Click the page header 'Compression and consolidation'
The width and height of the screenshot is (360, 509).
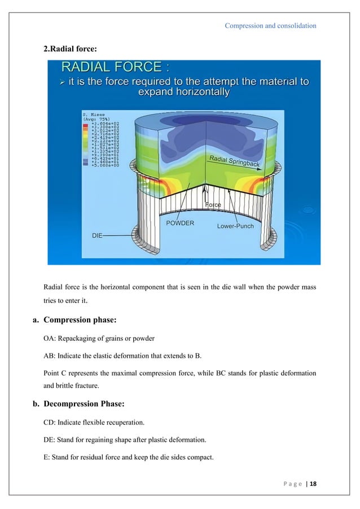(x=270, y=25)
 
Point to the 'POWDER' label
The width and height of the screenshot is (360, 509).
(x=180, y=223)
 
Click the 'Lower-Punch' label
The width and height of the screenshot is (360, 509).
(x=235, y=226)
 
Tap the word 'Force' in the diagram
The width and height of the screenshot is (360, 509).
(x=213, y=205)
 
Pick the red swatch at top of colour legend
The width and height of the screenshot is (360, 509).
(x=86, y=122)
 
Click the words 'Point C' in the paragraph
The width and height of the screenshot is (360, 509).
(x=56, y=372)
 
